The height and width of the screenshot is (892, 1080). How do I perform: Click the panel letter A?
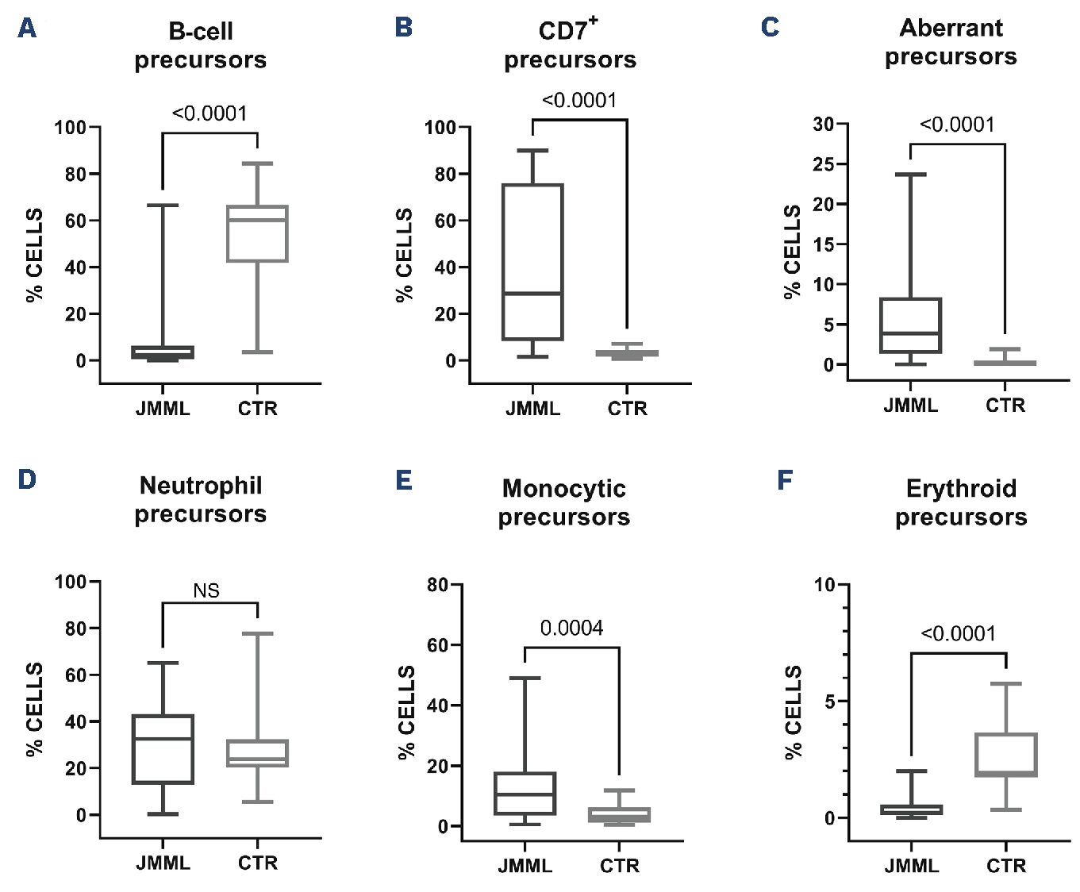27,29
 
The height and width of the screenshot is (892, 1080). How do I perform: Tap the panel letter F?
785,480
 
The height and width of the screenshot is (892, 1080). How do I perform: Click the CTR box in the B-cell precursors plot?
257,233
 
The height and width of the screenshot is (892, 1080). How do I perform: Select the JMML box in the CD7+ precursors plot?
532,262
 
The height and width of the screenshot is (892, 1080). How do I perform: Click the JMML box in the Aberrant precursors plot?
910,325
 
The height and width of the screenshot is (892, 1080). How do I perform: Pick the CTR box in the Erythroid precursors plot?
1006,755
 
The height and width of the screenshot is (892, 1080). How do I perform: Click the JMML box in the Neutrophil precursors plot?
163,749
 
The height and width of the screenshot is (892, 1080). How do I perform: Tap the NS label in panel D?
206,591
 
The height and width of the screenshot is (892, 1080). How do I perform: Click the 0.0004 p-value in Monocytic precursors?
571,629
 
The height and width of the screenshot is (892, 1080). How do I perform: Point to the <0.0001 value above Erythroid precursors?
958,633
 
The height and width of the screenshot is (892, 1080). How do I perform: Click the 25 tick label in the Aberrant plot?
824,164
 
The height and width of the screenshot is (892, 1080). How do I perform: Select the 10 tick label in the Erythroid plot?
824,586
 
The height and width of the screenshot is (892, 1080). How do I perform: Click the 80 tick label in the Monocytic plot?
438,586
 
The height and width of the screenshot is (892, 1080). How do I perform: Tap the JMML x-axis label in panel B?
532,409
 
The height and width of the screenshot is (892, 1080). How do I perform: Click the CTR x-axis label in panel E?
619,866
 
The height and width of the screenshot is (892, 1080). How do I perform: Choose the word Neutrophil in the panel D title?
201,486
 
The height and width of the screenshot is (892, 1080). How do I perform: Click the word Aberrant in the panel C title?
951,29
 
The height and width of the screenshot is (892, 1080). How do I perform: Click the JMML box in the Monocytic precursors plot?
525,794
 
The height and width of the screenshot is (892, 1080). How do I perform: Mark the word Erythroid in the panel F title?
961,489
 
